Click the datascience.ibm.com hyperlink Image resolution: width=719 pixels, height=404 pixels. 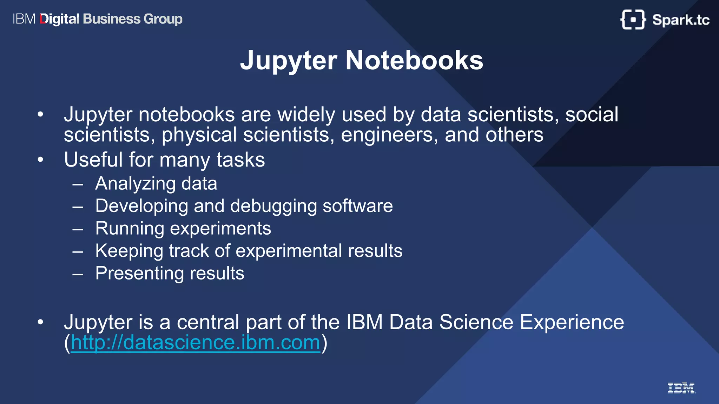195,343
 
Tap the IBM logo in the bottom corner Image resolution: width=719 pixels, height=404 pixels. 681,388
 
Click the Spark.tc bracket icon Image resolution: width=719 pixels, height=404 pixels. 633,20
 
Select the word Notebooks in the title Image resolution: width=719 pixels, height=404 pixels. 414,60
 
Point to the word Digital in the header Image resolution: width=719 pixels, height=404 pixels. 60,19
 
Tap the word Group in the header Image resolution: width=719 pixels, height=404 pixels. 163,19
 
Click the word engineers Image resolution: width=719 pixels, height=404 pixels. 387,135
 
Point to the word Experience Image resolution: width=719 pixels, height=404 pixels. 572,322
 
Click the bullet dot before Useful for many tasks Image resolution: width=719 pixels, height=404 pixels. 41,160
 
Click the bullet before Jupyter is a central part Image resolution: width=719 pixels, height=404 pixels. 41,322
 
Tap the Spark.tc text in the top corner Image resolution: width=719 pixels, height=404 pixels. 681,20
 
